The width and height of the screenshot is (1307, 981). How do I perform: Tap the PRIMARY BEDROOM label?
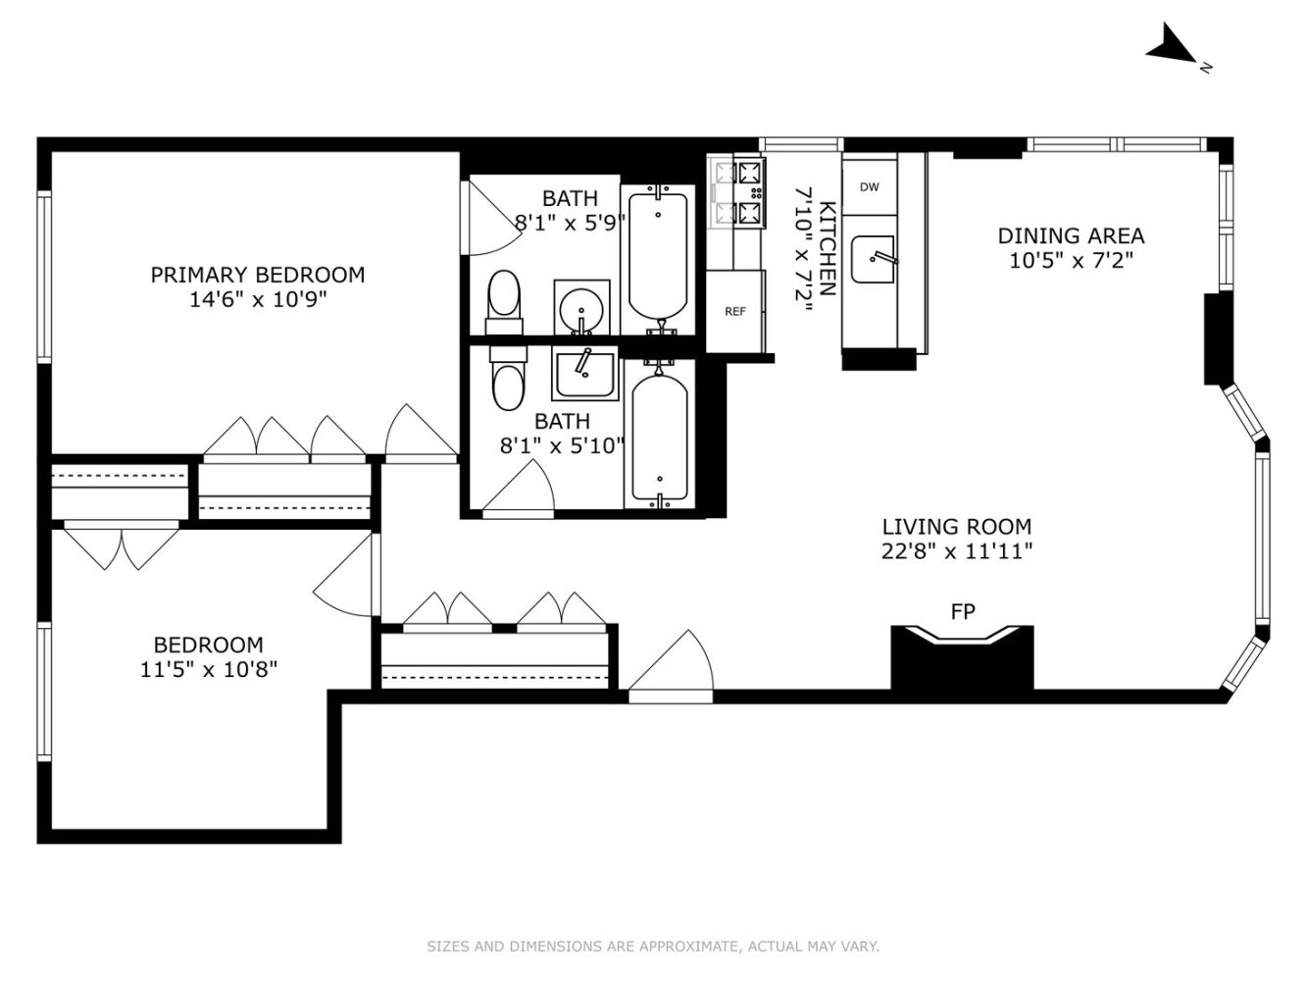[257, 275]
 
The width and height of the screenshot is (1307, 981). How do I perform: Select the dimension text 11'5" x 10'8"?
[208, 670]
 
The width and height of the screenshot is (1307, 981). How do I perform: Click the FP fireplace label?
[963, 612]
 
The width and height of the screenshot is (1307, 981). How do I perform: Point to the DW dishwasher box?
[869, 187]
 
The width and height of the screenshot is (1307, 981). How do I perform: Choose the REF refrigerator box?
[735, 311]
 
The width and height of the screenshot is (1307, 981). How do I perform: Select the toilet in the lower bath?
[508, 380]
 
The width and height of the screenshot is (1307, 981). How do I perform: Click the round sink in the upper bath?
[581, 309]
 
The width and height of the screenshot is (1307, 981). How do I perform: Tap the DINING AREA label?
[1071, 235]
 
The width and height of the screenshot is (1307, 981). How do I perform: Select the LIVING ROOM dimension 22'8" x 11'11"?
[957, 551]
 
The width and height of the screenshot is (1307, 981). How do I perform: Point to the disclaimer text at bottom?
[653, 947]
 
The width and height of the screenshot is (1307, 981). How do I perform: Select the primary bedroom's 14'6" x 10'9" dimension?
[257, 299]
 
